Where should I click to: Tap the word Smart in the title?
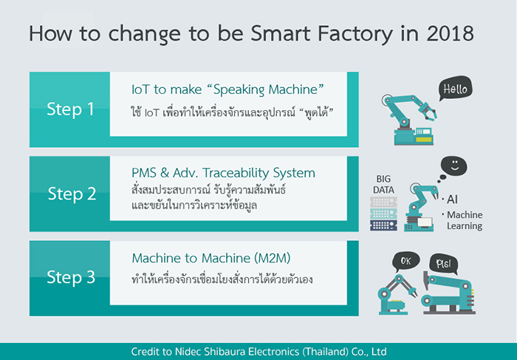281,33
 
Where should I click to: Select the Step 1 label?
70,109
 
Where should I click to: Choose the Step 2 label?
72,194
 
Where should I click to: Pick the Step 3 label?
71,277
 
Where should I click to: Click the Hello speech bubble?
455,89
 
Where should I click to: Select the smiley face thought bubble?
453,166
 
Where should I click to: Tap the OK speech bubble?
405,262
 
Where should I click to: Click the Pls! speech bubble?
443,264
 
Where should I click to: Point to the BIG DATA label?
383,185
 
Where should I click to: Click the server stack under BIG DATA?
383,214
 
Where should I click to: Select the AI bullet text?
450,200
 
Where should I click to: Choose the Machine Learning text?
462,220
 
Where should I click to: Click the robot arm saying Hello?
410,120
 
